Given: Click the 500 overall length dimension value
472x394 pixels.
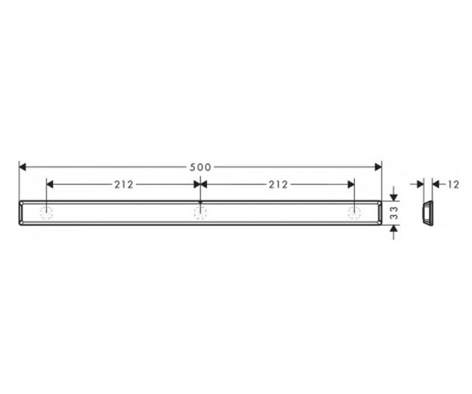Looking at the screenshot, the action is coord(200,167).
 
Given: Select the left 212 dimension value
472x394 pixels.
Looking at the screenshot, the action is coord(123,184).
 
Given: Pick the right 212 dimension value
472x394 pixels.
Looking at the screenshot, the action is coord(278,184).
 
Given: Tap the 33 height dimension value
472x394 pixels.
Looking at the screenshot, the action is coord(395,213).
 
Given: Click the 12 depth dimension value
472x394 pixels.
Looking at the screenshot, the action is coord(453,184).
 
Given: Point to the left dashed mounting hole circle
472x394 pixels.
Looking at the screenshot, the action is coord(47,213).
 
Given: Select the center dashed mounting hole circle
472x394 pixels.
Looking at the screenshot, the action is coord(200,213).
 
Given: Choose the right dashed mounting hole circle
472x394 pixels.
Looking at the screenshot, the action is coord(354,213).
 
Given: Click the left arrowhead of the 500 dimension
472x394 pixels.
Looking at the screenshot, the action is coord(22,167).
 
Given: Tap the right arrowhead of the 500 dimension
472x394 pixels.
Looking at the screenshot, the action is coord(378,167).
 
